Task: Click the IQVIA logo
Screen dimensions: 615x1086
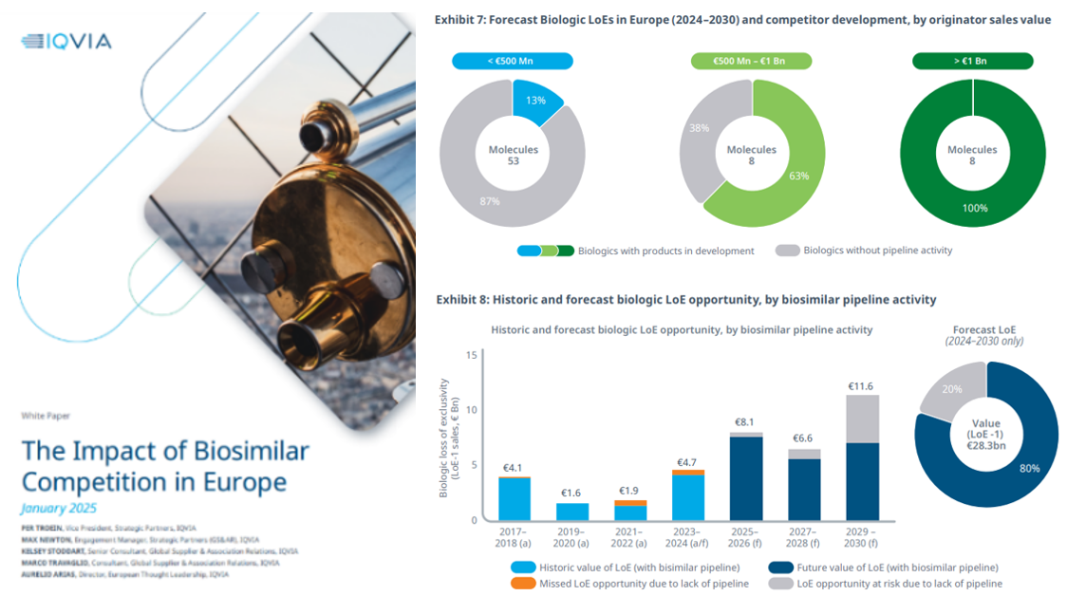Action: tap(66, 41)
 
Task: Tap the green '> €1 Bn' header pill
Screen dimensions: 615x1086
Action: tap(972, 62)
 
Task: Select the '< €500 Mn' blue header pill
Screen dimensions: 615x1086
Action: tap(512, 62)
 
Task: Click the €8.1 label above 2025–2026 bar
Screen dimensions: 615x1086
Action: tap(745, 422)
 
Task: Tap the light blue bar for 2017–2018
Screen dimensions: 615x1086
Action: tap(515, 498)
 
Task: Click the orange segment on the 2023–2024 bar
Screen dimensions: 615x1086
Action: tap(688, 472)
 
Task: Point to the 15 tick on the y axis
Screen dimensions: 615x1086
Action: tap(471, 355)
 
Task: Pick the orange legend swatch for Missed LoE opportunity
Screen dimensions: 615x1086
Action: tap(523, 584)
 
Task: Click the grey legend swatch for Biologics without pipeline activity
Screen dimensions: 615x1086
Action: tap(787, 251)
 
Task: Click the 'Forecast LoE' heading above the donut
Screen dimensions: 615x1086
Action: tap(987, 329)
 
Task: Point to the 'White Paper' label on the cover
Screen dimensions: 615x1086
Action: tap(46, 416)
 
